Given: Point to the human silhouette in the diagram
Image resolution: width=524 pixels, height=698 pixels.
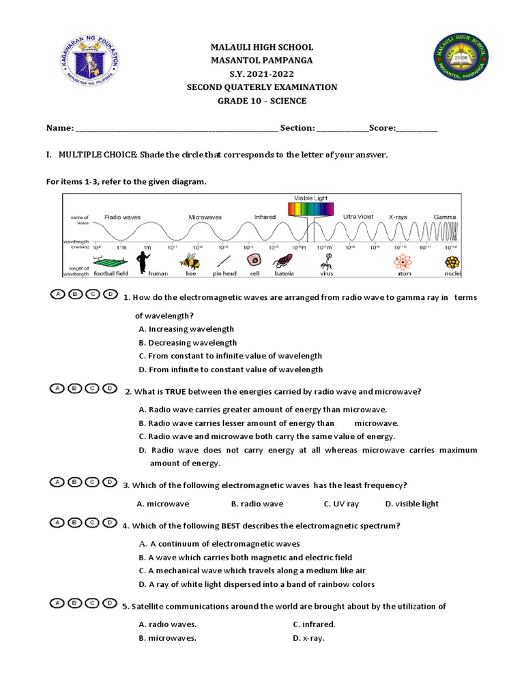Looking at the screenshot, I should [143, 261].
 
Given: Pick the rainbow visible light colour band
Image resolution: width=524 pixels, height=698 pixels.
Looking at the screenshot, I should [310, 209].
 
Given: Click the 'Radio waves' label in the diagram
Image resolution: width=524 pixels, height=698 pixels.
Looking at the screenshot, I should [122, 217].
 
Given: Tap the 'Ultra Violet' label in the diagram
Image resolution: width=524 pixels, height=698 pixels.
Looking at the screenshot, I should [358, 216].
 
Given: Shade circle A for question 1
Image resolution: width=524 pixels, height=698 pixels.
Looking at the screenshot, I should [59, 294].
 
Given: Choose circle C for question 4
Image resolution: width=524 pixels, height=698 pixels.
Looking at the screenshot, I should [92, 523].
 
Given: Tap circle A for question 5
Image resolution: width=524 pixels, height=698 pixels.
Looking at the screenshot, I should [59, 603].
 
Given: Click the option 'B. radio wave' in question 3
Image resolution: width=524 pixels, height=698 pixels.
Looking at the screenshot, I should [257, 504].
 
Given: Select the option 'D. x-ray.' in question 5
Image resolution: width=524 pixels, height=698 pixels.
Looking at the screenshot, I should [308, 638].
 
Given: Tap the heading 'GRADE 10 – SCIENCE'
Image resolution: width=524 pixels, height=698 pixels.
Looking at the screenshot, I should [262, 101].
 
